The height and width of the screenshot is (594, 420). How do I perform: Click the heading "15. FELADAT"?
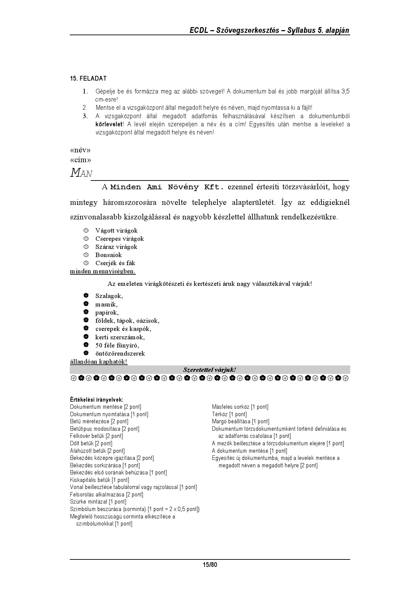point(88,79)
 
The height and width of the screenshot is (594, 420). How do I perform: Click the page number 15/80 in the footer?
point(210,565)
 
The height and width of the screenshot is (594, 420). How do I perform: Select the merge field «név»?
point(80,150)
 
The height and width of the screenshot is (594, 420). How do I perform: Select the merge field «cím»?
point(80,160)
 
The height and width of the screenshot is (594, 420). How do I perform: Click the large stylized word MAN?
point(81,173)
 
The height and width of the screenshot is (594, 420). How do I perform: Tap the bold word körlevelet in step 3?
point(109,124)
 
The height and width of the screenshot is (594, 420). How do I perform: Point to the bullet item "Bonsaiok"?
point(108,255)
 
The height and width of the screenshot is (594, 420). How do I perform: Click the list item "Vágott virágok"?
point(117,231)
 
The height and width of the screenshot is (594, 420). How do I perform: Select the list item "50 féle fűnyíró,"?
point(117,345)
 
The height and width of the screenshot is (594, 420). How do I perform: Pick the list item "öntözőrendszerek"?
point(120,354)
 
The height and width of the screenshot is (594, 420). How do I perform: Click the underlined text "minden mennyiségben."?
point(103,271)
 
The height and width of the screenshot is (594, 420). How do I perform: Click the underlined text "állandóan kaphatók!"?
point(99,362)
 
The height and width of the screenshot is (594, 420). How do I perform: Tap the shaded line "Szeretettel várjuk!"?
point(210,370)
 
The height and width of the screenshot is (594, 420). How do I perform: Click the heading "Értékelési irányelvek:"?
point(97,400)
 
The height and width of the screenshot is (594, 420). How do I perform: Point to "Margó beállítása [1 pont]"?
point(240,422)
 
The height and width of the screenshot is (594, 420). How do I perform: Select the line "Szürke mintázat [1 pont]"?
point(98,502)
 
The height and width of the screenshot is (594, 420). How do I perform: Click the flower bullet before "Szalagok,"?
point(86,296)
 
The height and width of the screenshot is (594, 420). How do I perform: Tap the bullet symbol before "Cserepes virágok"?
point(86,239)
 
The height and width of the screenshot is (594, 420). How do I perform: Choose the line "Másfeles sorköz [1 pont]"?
point(240,407)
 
